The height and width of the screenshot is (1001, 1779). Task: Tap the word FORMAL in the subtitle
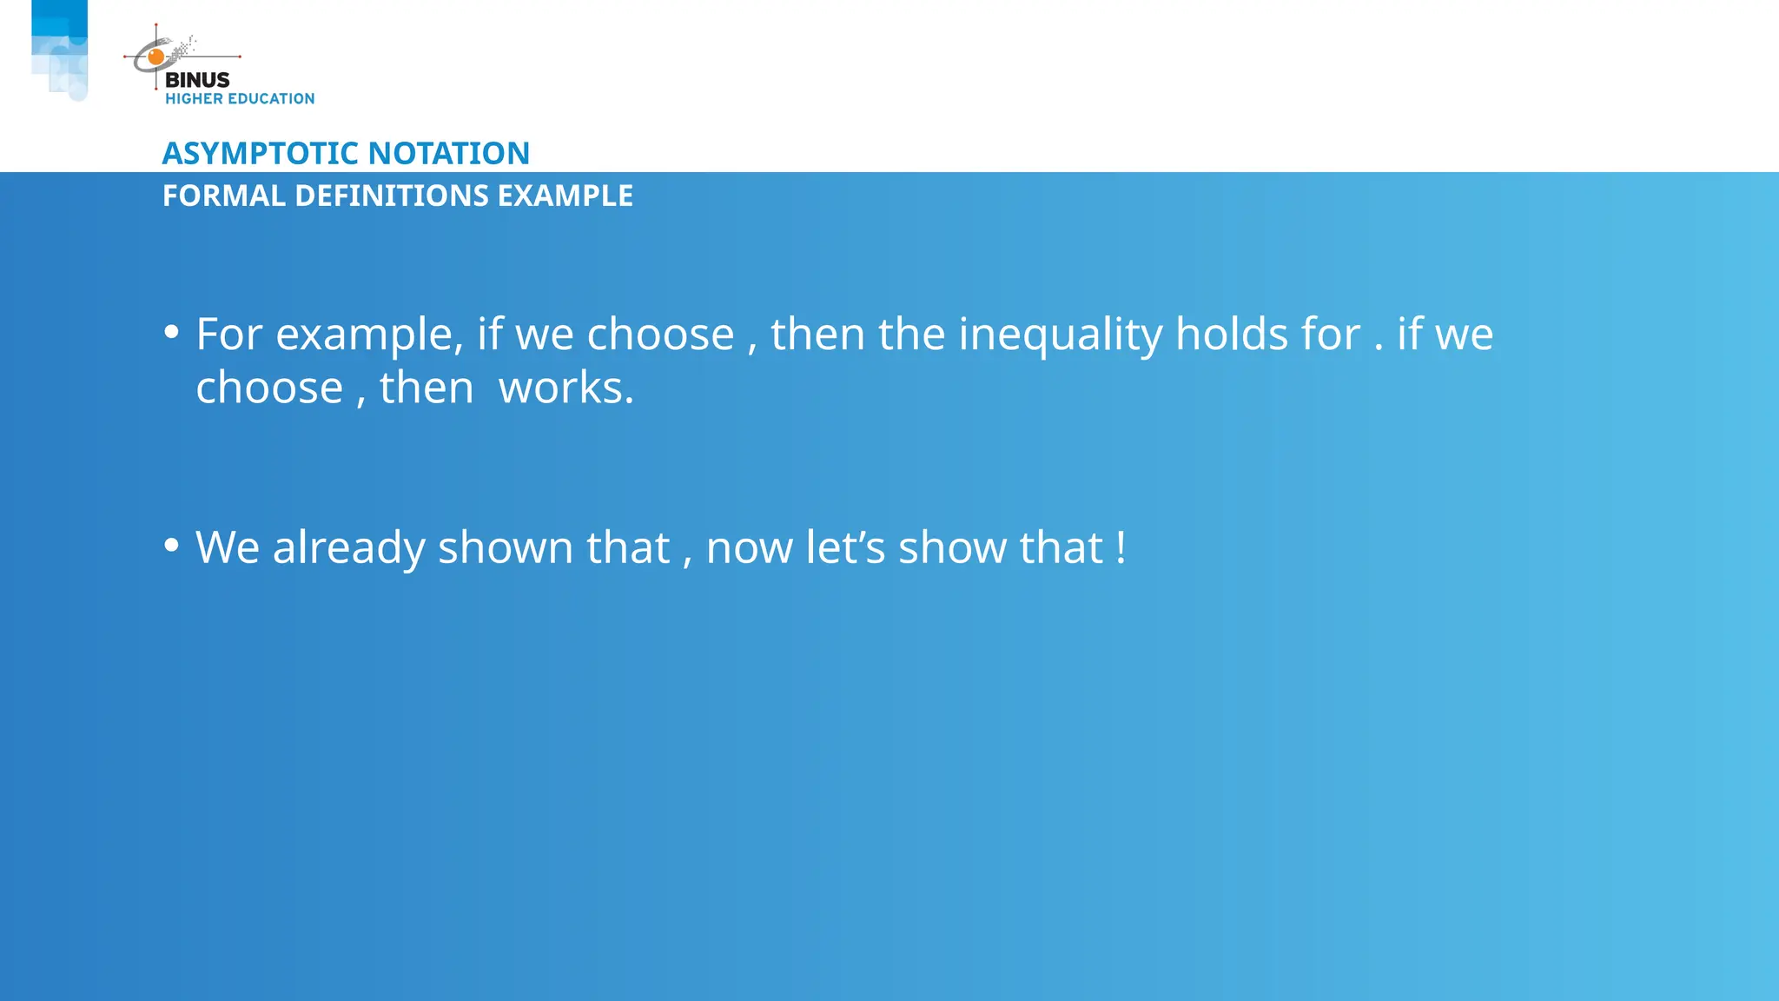tap(224, 196)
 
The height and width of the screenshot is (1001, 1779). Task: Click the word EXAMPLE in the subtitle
tap(565, 196)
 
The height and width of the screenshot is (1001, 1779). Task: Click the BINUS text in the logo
tap(197, 80)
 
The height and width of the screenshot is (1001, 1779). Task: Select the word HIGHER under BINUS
tap(194, 99)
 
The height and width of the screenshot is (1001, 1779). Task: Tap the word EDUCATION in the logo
tap(271, 99)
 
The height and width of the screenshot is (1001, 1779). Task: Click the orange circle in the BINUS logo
tap(156, 57)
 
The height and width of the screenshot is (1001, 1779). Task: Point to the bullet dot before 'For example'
tap(172, 332)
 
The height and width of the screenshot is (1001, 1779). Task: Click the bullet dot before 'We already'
tap(172, 545)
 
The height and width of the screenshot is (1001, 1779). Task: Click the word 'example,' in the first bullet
tap(369, 335)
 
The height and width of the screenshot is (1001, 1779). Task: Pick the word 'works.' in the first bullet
tap(566, 388)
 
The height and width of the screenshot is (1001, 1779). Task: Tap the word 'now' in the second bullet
tap(749, 547)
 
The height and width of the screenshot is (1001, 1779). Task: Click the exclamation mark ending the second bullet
tap(1121, 547)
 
